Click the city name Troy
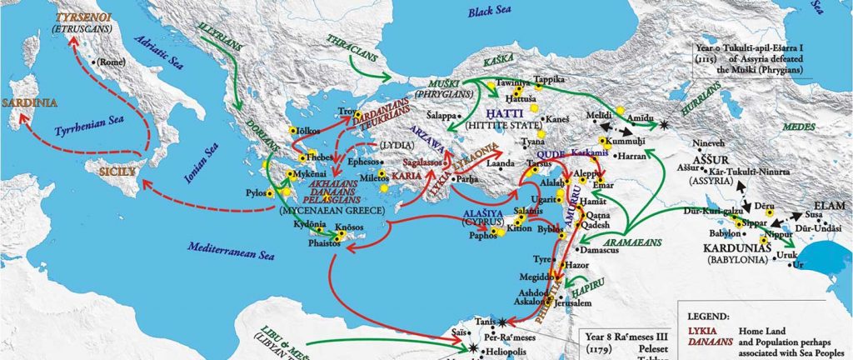(x=344, y=111)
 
